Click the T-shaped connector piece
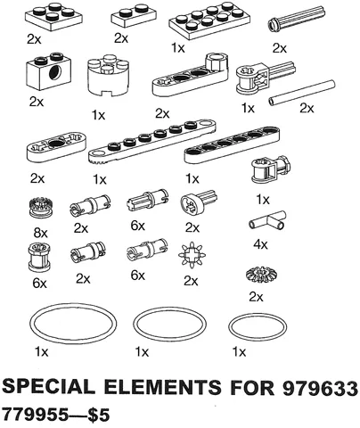point(268,222)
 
